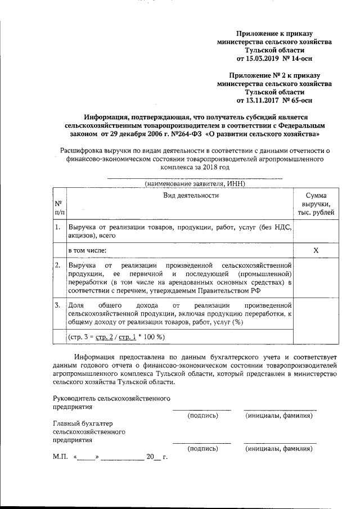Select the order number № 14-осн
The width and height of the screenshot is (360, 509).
(x=299, y=58)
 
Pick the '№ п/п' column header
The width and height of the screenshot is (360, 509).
(x=59, y=208)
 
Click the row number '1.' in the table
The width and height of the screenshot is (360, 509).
(x=58, y=228)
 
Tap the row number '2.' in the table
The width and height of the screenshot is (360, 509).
(x=58, y=264)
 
